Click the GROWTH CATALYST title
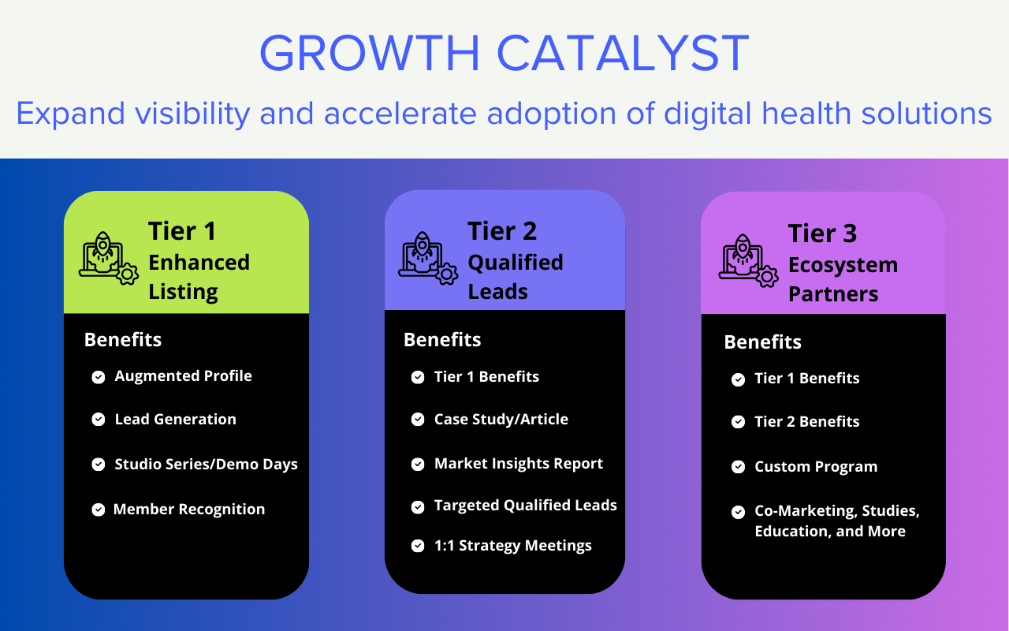pyautogui.click(x=504, y=54)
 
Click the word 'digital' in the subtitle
pyautogui.click(x=708, y=114)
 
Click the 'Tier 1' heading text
pyautogui.click(x=182, y=231)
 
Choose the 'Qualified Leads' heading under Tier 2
pyautogui.click(x=515, y=276)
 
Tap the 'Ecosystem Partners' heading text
pyautogui.click(x=842, y=279)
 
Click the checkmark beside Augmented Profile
pyautogui.click(x=99, y=377)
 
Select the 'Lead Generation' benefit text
pyautogui.click(x=175, y=420)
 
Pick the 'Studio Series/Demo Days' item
pyautogui.click(x=206, y=464)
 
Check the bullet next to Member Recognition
pyautogui.click(x=99, y=510)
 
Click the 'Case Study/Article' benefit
pyautogui.click(x=501, y=420)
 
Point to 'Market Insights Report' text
pyautogui.click(x=518, y=464)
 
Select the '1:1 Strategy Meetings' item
pyautogui.click(x=512, y=546)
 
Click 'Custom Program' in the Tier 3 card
pyautogui.click(x=815, y=467)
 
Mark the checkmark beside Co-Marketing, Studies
pyautogui.click(x=738, y=512)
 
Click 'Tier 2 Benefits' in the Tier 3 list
pyautogui.click(x=806, y=422)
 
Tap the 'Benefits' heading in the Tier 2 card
pyautogui.click(x=442, y=340)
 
